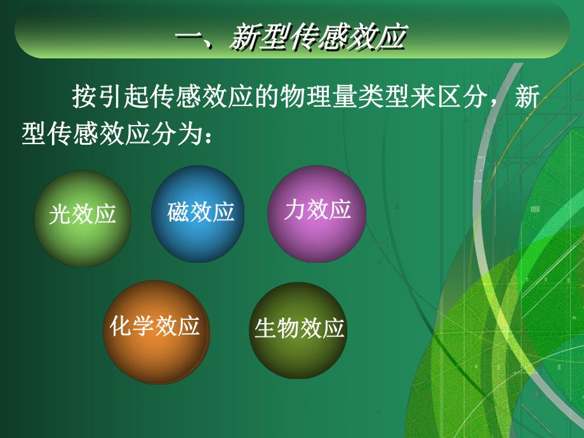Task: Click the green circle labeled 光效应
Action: pyautogui.click(x=83, y=218)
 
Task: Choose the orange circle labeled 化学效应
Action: pyautogui.click(x=156, y=332)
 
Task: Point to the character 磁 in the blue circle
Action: pyautogui.click(x=178, y=211)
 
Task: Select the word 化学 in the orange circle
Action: pyautogui.click(x=132, y=326)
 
